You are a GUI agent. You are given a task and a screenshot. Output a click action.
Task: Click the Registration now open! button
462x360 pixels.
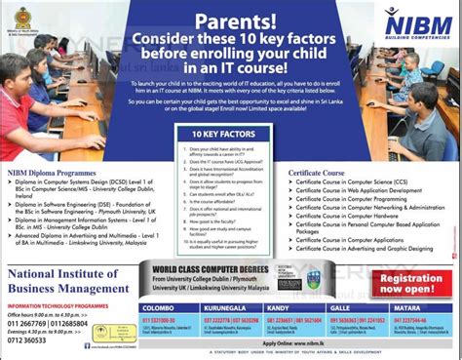tap(407, 282)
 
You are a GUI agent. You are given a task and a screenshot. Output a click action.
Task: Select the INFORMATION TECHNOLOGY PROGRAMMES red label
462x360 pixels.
tap(58, 304)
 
